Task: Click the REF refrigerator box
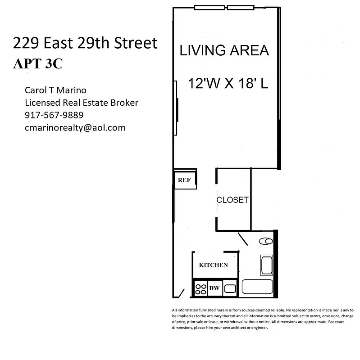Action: (184, 180)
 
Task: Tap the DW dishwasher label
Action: (214, 288)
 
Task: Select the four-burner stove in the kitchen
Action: (201, 288)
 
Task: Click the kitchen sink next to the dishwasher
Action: (230, 288)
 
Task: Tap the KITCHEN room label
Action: (213, 265)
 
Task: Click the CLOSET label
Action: (232, 200)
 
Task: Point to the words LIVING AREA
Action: (224, 50)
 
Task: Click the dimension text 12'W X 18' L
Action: (228, 84)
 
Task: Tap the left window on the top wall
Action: (210, 8)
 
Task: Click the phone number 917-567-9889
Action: (54, 115)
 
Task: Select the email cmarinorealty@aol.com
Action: (75, 128)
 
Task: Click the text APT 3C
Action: (37, 63)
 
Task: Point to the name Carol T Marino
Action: (56, 90)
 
